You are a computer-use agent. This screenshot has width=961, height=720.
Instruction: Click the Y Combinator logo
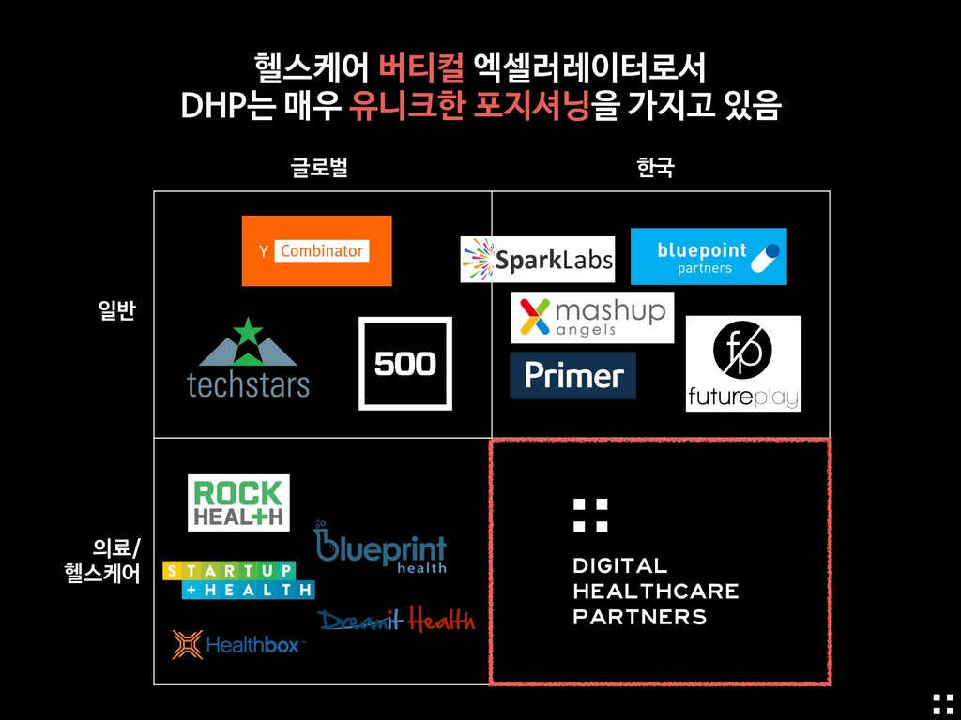[x=316, y=250]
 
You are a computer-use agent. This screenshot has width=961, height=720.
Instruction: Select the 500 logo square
[x=405, y=364]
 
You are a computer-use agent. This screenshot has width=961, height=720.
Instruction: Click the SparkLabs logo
[x=537, y=260]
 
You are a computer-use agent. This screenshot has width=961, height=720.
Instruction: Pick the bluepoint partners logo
[x=709, y=256]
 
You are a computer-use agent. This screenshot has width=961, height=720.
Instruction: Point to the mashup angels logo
[x=592, y=318]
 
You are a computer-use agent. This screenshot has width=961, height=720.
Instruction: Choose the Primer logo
[x=572, y=376]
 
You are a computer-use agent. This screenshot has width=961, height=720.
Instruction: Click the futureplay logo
[x=743, y=364]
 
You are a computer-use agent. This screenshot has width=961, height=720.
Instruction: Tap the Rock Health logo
[x=238, y=502]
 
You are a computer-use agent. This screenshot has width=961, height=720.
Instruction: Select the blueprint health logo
[x=380, y=550]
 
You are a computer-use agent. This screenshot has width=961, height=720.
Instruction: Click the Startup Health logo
[x=237, y=579]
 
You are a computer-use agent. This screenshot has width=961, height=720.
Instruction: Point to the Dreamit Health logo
[x=396, y=620]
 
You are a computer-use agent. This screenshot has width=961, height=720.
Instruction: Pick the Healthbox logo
[x=237, y=644]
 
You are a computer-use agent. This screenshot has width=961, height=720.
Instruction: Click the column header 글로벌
[x=319, y=169]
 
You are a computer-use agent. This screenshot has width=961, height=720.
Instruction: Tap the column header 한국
[x=654, y=169]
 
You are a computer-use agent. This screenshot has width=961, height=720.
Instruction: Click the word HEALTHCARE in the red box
[x=655, y=592]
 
